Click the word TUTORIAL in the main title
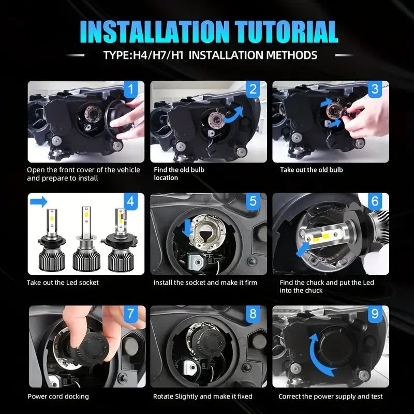[287, 32]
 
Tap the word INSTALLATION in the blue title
[154, 32]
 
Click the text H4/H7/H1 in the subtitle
[158, 55]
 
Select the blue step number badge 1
[131, 89]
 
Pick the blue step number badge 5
[253, 201]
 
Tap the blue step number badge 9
[375, 314]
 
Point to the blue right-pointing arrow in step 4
[38, 202]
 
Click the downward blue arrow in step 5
[187, 228]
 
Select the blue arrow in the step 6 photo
[303, 249]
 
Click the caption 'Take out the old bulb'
[312, 170]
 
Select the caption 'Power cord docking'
[58, 396]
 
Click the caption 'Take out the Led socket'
[63, 283]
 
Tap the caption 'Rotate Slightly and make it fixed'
[203, 396]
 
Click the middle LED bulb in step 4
[86, 239]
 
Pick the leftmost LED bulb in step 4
[52, 240]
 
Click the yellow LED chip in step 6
[325, 236]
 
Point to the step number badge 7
[131, 314]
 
